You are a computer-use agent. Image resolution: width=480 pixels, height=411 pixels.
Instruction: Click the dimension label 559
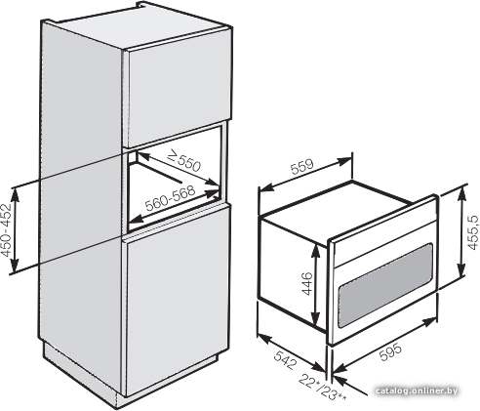[x=302, y=166]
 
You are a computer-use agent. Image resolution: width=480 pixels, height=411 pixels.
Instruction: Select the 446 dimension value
[x=307, y=284]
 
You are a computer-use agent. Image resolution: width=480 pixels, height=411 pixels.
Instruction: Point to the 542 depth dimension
[x=285, y=360]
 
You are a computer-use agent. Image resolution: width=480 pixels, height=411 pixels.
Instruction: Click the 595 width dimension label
[x=390, y=352]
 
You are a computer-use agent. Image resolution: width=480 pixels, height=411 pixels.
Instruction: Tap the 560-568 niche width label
[x=170, y=198]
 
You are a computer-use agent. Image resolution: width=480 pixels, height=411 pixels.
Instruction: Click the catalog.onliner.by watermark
[x=417, y=390]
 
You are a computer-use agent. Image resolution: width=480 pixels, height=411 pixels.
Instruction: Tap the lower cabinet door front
[x=178, y=300]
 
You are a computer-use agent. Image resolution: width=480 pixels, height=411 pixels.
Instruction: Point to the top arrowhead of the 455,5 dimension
[x=461, y=192]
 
